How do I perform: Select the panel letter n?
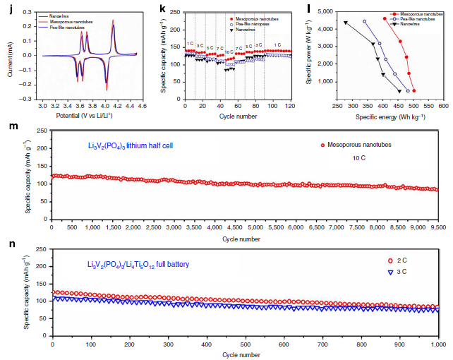(9, 248)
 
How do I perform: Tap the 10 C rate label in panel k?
(229, 52)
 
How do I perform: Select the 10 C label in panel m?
(360, 160)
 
